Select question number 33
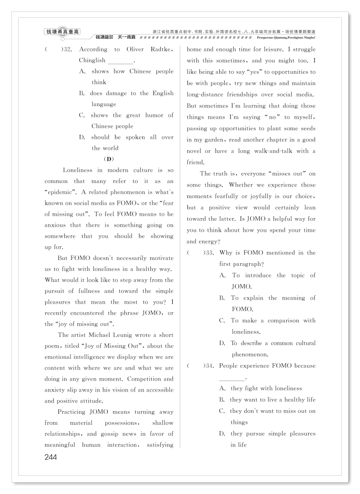pyautogui.click(x=209, y=253)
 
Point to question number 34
pyautogui.click(x=209, y=366)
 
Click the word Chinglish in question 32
pyautogui.click(x=92, y=60)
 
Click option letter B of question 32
pyautogui.click(x=82, y=93)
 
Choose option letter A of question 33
pyautogui.click(x=223, y=275)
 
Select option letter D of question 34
pyautogui.click(x=222, y=433)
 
